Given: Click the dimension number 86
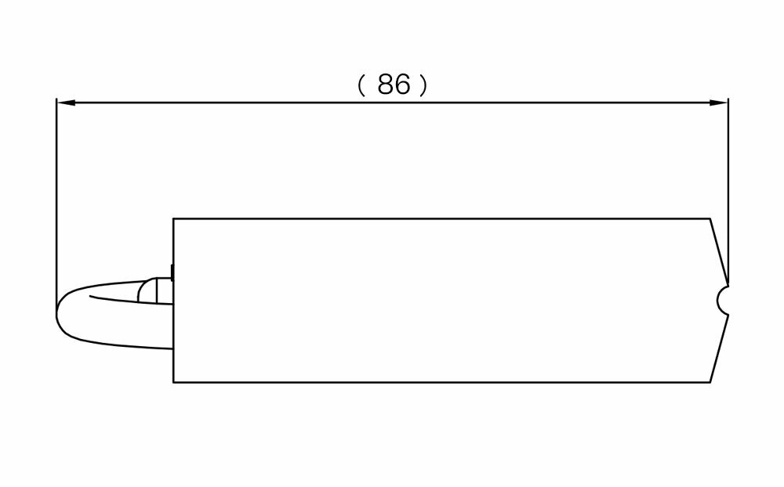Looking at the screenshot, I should tap(393, 85).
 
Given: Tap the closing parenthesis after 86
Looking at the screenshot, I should tap(424, 85).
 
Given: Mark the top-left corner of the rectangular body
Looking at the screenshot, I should tap(173, 218).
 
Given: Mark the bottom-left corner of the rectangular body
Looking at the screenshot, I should tap(173, 382).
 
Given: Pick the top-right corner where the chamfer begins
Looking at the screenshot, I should tap(710, 218).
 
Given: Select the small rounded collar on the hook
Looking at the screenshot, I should tap(149, 290).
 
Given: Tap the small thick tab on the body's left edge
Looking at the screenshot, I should tap(172, 272).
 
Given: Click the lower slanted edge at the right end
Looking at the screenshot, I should tap(719, 348).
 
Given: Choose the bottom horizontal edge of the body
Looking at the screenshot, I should tap(439, 382).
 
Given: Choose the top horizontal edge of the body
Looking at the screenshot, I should tap(439, 218).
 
